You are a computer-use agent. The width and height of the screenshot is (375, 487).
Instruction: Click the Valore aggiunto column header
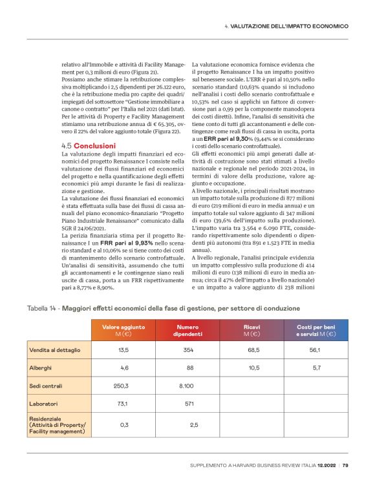click(123, 331)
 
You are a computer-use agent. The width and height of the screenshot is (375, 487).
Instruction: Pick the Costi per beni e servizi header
click(316, 331)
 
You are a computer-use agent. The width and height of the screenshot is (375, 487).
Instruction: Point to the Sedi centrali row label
click(47, 386)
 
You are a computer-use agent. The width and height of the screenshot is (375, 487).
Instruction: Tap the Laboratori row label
click(45, 404)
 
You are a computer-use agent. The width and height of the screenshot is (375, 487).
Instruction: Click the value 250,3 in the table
click(122, 386)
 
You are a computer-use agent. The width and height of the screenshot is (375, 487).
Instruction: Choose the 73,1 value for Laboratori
click(122, 404)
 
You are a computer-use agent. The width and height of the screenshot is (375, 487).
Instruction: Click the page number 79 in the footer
click(345, 464)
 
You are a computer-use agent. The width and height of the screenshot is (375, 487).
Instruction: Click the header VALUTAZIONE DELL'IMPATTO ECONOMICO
click(290, 26)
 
